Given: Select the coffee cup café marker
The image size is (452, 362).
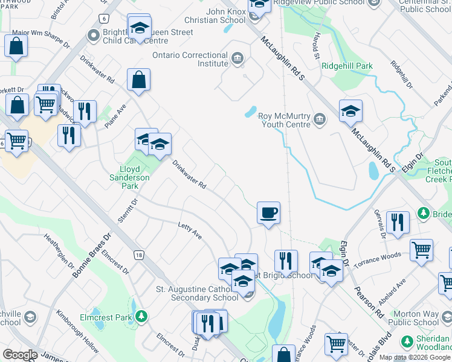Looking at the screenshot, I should [x=268, y=213].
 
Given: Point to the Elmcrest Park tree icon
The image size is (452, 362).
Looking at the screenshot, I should [x=141, y=316].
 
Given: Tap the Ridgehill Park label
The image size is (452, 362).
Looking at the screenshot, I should [x=347, y=66].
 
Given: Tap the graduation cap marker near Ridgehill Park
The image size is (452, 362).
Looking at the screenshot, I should [x=350, y=111].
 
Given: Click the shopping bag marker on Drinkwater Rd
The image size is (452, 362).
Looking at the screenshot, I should [x=139, y=80].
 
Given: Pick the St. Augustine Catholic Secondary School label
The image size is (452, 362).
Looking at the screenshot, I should [x=197, y=293].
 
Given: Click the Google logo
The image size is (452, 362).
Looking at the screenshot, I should [x=20, y=355].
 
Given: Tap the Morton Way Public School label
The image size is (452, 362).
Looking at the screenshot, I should [x=419, y=319].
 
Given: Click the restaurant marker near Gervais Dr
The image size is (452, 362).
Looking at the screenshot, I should [x=398, y=222].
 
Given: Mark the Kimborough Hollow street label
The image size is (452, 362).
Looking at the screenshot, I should [x=77, y=332].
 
